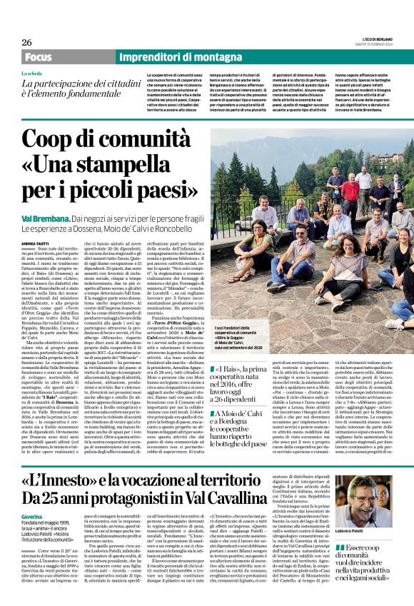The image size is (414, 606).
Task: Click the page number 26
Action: click(x=26, y=42)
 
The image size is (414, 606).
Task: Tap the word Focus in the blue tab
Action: click(x=39, y=57)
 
